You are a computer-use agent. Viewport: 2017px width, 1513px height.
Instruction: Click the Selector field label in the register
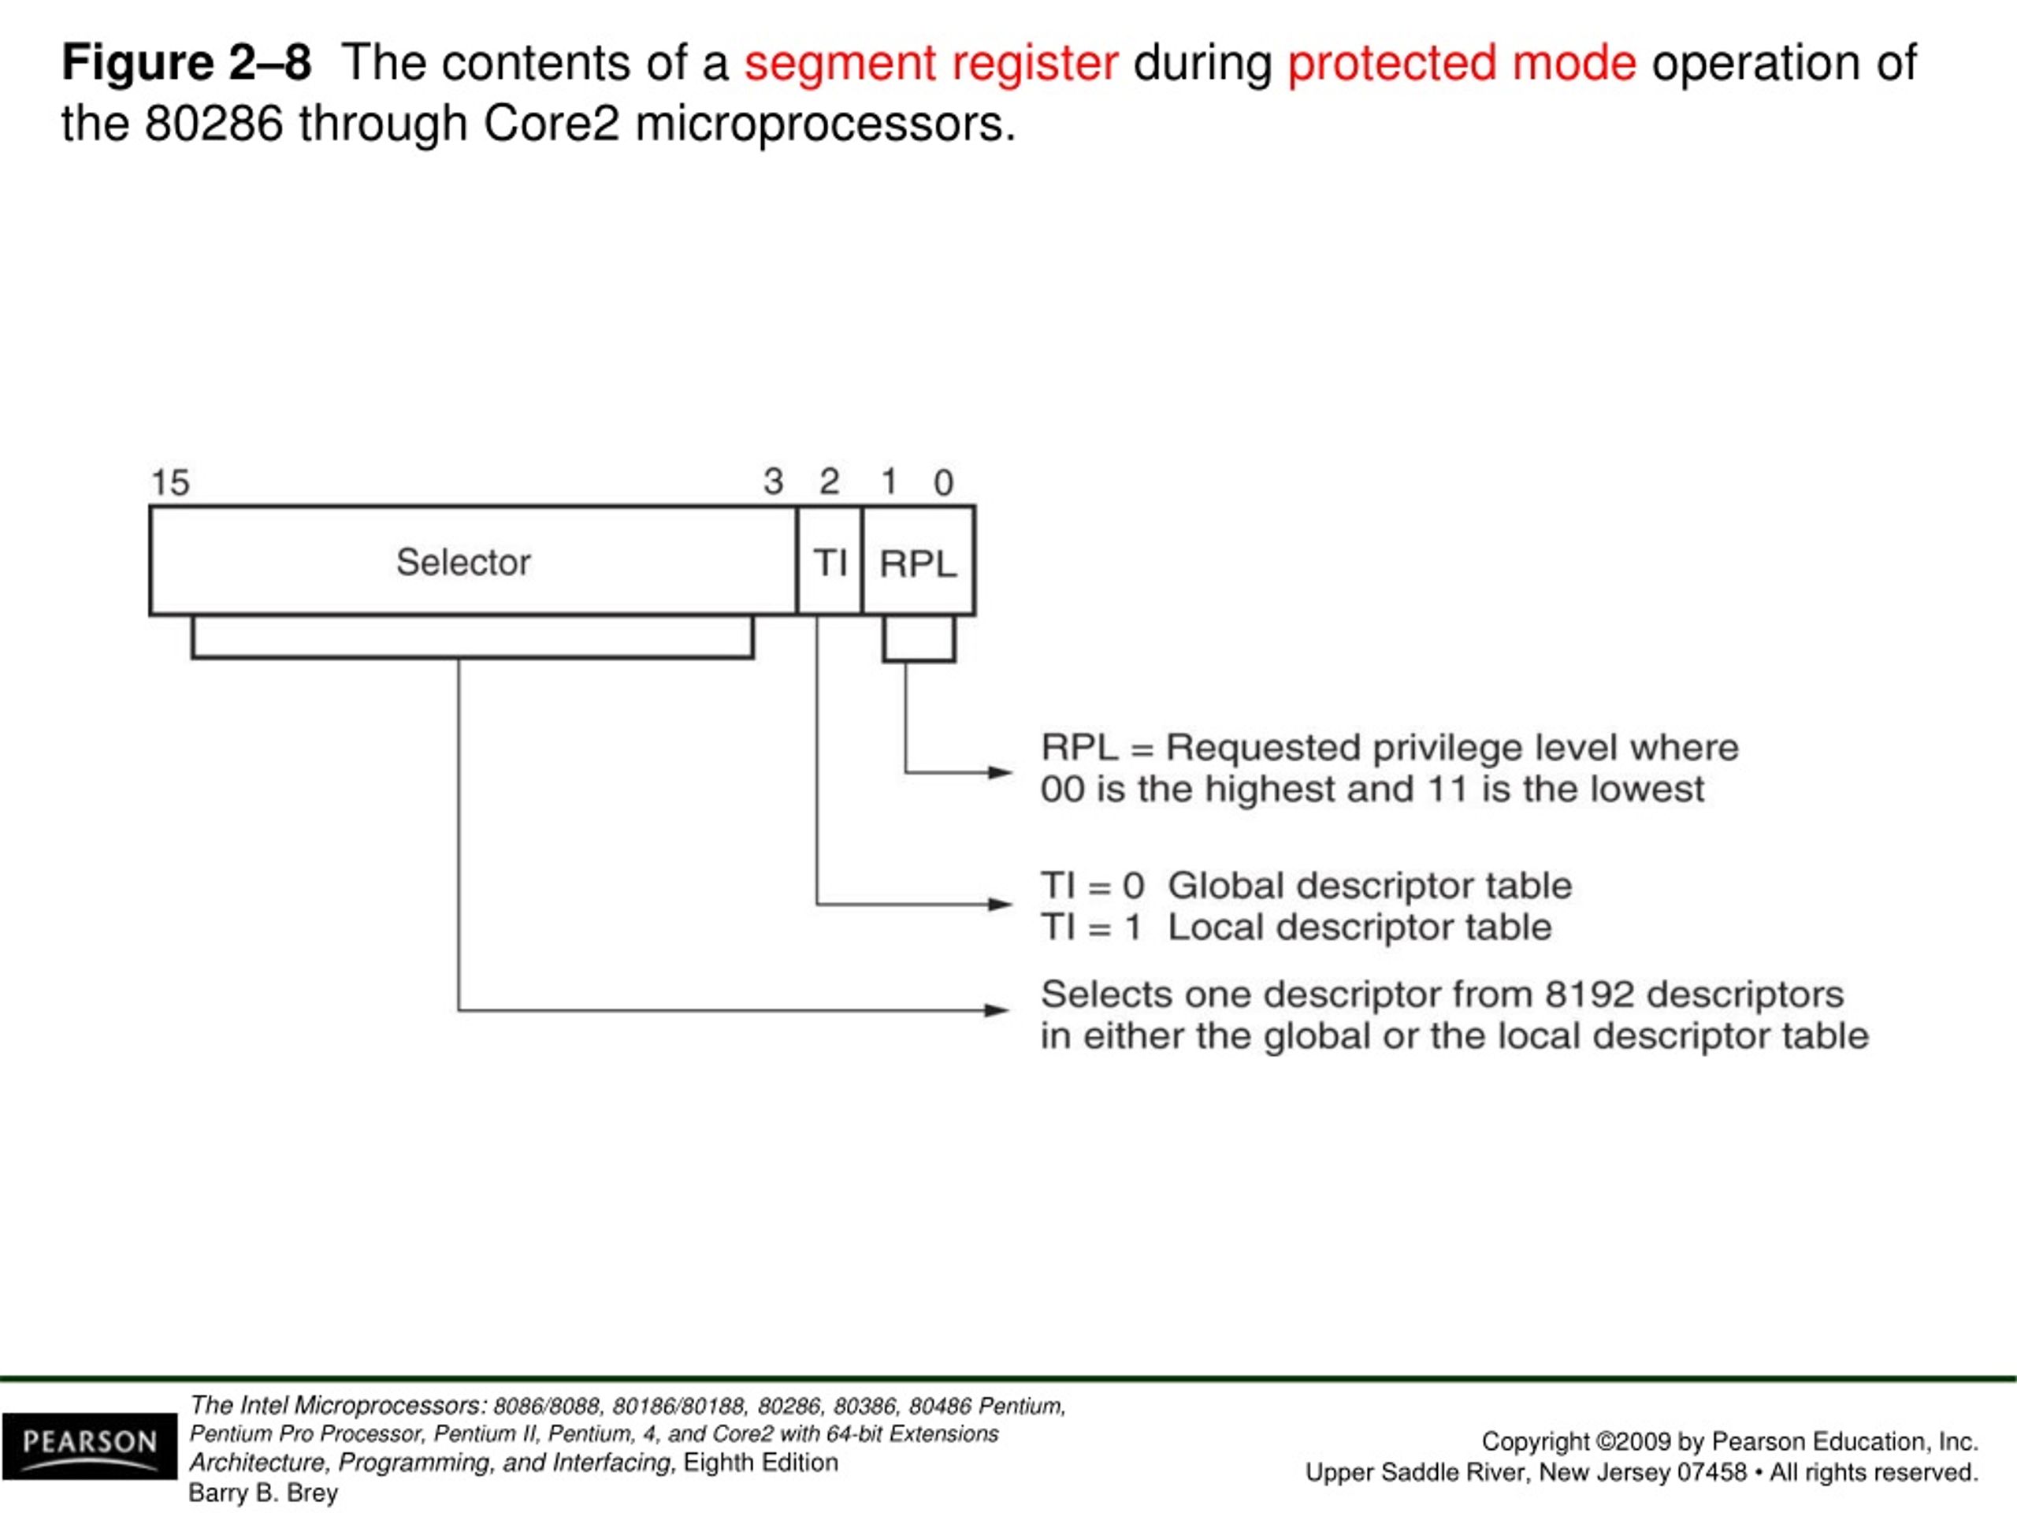tap(463, 562)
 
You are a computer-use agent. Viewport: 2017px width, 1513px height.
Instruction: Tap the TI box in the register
tap(830, 562)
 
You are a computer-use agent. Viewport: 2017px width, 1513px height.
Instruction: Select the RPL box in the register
tap(917, 563)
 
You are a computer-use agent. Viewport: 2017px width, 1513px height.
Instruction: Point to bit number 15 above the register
tap(169, 482)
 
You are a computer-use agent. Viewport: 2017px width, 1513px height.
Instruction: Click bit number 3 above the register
tap(773, 481)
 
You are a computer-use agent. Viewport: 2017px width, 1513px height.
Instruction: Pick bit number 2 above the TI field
tap(829, 481)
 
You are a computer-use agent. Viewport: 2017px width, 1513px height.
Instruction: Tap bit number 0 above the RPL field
tap(944, 482)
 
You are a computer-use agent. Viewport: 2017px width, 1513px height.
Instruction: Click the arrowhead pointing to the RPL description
tap(1001, 772)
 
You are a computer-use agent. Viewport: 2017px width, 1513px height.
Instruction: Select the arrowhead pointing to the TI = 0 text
tap(1001, 905)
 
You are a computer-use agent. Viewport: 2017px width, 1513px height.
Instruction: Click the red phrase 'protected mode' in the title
tap(1462, 63)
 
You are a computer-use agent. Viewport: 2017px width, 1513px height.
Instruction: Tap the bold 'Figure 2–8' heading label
tap(186, 63)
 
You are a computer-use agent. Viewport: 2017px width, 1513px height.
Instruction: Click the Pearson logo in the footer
tap(89, 1445)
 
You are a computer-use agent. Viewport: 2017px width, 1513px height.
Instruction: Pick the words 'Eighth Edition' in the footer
tap(760, 1462)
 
